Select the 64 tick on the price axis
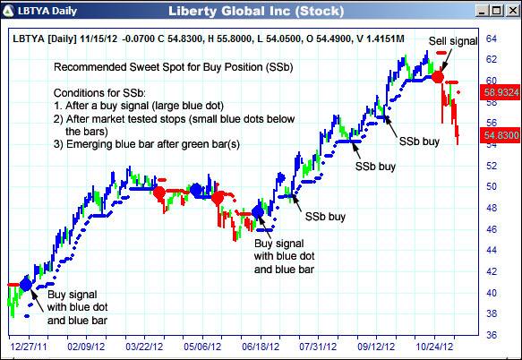[491, 39]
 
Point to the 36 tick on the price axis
[491, 334]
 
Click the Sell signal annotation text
[453, 41]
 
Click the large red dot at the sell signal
[437, 77]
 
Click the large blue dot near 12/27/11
[25, 283]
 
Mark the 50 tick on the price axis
[491, 186]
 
